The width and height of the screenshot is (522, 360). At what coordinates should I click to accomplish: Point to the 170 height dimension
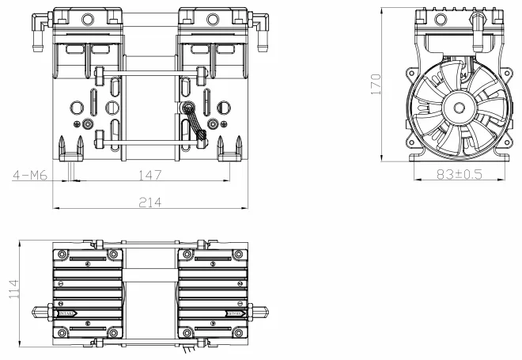tap(376, 82)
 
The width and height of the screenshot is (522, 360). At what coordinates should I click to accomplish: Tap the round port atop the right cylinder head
tap(211, 17)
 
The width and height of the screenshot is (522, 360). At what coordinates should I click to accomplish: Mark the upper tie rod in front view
tap(149, 76)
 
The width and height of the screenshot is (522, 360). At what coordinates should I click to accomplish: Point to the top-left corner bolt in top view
tap(60, 254)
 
